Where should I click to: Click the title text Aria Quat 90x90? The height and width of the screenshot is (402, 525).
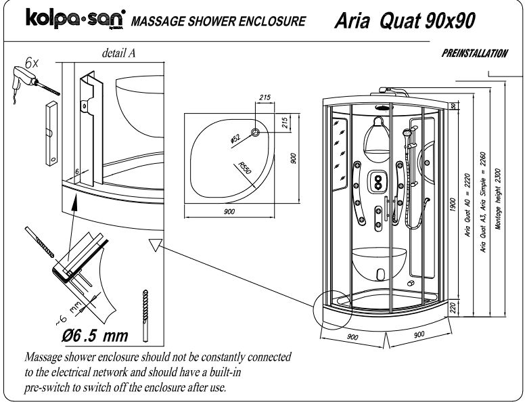coord(404,20)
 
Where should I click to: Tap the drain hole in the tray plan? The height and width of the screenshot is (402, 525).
coord(256,132)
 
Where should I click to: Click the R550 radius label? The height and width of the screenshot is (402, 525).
coord(244,167)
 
